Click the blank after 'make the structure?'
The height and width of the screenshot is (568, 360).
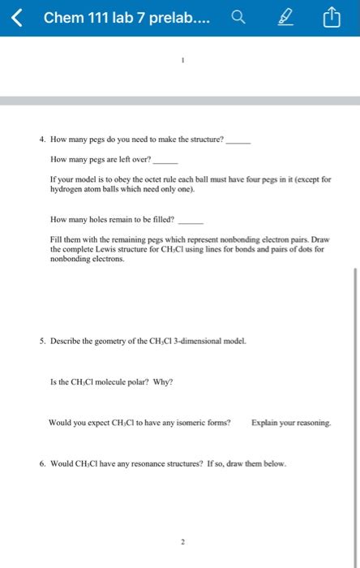tap(238, 140)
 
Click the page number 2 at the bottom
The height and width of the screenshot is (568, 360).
tap(183, 541)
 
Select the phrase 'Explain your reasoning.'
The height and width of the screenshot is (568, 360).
tap(291, 423)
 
